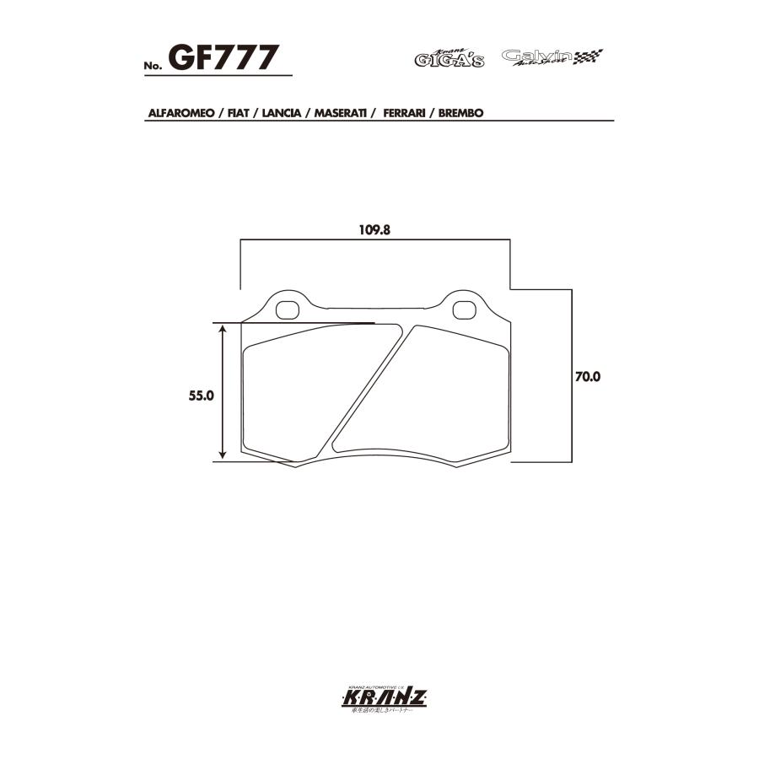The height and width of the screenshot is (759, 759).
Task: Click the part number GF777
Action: coord(223,58)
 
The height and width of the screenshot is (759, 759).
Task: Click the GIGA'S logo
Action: coord(449,58)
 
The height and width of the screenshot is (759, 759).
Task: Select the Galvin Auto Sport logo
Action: coord(552,57)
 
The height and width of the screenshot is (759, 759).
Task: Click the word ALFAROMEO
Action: coord(180,112)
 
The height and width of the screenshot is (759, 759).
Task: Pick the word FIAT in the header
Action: coord(238,112)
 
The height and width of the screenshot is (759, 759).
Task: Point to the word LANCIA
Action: coord(282,112)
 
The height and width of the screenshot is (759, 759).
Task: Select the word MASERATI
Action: coord(340,112)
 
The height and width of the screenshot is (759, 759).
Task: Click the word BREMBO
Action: coord(460,112)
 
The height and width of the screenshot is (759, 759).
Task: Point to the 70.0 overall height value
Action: coord(587,378)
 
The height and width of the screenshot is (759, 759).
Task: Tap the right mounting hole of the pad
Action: coord(463,310)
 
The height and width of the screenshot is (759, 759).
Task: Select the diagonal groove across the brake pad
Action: coord(368,388)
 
